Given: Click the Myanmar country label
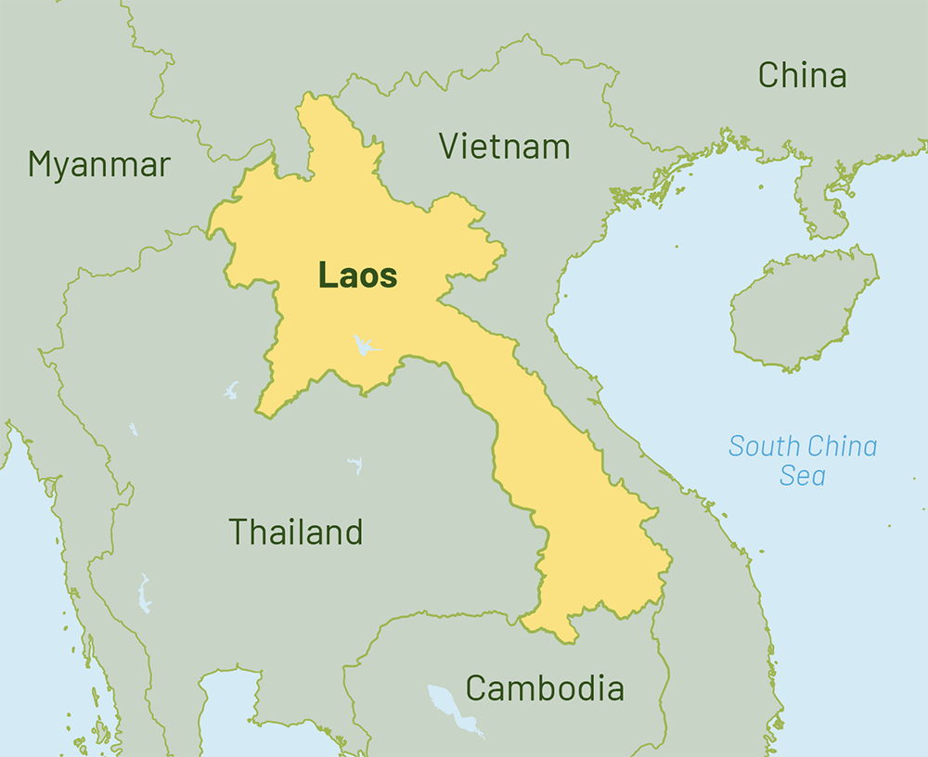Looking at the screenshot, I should pyautogui.click(x=98, y=164).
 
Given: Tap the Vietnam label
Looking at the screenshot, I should pyautogui.click(x=504, y=147).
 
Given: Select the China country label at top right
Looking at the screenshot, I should pyautogui.click(x=802, y=75).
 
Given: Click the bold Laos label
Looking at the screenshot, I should pyautogui.click(x=357, y=276).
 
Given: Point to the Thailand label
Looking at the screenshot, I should pyautogui.click(x=295, y=532).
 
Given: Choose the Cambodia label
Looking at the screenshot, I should pyautogui.click(x=544, y=688).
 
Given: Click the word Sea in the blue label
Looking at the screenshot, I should pyautogui.click(x=802, y=477).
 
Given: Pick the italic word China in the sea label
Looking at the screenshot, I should pyautogui.click(x=841, y=446).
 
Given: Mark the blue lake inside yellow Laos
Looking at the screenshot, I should pyautogui.click(x=364, y=347).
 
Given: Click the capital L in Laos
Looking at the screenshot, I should pyautogui.click(x=327, y=276).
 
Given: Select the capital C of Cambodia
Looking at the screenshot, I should pyautogui.click(x=476, y=688).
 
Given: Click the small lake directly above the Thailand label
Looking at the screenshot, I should pyautogui.click(x=354, y=464).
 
